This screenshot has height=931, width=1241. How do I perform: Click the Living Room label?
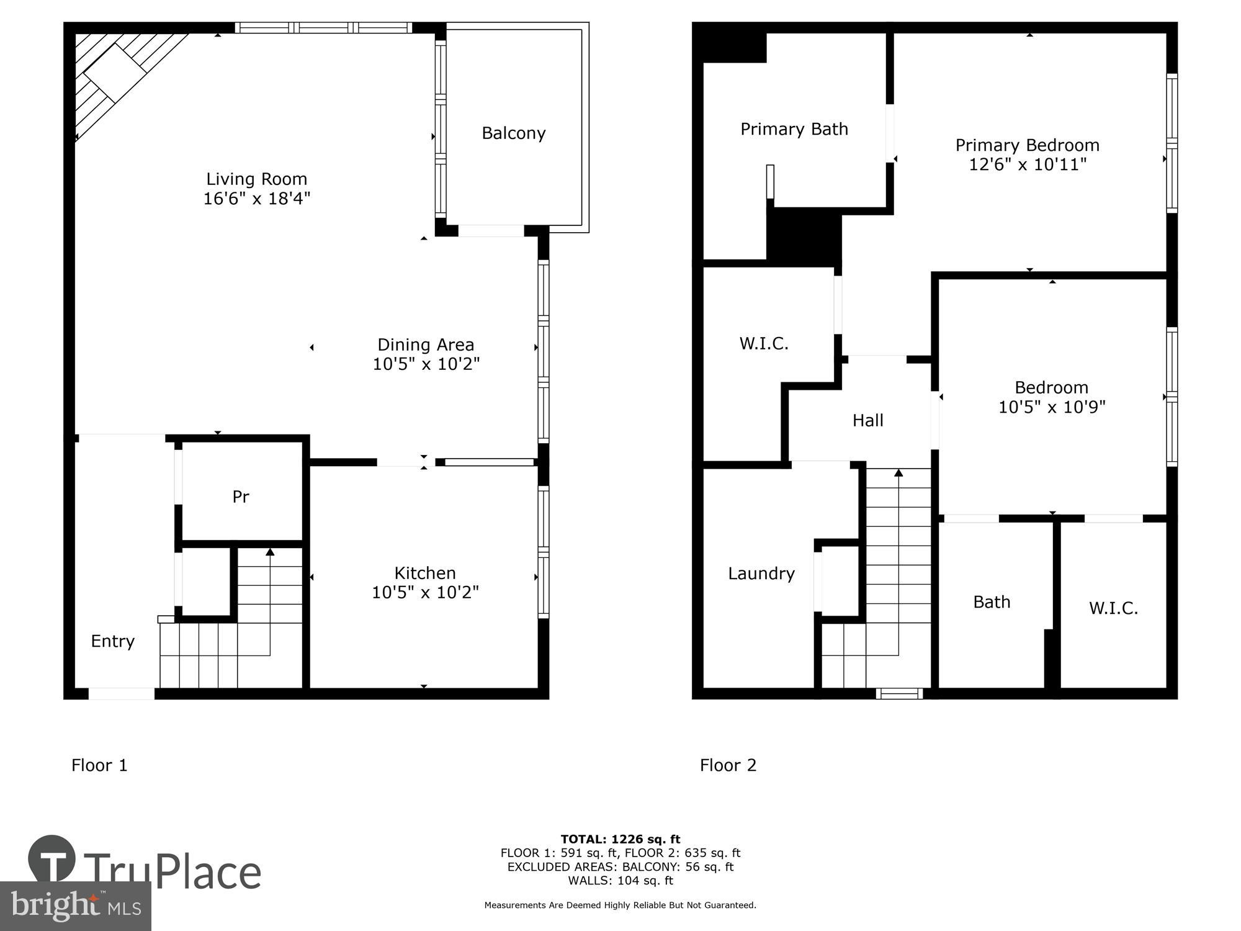[x=256, y=179]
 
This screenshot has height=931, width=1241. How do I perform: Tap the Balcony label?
[x=513, y=133]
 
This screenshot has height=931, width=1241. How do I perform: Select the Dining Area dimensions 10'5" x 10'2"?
[x=426, y=364]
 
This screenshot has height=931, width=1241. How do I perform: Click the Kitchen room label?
[x=425, y=573]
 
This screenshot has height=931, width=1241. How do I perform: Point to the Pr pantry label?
[x=241, y=497]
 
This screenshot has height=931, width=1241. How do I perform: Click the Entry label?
[x=112, y=641]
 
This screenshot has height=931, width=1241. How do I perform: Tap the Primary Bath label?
[x=794, y=129]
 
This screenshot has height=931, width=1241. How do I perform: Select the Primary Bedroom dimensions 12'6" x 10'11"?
[x=1028, y=164]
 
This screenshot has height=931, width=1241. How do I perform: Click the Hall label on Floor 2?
[x=867, y=421]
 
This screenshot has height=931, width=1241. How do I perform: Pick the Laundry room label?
[x=761, y=573]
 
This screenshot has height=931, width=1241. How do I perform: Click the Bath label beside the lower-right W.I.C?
[x=992, y=602]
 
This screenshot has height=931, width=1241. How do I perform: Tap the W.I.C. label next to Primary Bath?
[x=764, y=344]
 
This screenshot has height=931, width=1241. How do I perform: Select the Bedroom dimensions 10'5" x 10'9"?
[x=1052, y=407]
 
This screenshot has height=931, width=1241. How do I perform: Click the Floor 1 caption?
[x=99, y=765]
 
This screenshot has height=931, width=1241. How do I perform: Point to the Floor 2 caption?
[x=728, y=765]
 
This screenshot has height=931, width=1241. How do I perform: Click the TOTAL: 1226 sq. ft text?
[x=620, y=839]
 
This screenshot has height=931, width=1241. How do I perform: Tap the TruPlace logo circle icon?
[x=52, y=860]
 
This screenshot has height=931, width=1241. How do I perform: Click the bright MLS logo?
[x=75, y=906]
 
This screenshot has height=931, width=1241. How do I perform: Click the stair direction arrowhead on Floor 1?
[x=270, y=552]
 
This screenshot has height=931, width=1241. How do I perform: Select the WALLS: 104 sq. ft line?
[x=620, y=880]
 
